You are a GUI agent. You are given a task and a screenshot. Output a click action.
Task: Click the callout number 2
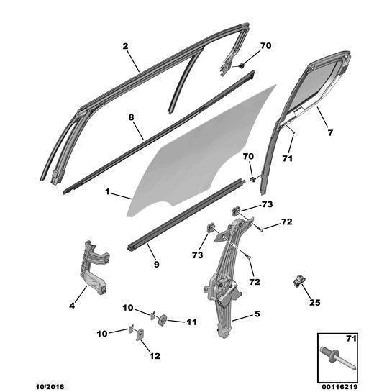[125, 46]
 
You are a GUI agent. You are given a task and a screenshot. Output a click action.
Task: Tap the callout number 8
[131, 117]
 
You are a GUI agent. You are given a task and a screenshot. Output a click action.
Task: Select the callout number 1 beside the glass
[107, 192]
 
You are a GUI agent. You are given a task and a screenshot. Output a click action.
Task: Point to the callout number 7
[330, 133]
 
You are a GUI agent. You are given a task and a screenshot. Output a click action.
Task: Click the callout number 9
[156, 264]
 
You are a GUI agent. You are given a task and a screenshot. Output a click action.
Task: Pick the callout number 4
[72, 305]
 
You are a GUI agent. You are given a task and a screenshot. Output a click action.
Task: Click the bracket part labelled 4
[94, 268]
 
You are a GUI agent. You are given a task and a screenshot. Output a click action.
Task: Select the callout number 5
[257, 314]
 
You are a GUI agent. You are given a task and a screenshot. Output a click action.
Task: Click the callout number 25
[315, 303]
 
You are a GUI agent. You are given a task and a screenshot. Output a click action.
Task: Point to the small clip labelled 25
[298, 281]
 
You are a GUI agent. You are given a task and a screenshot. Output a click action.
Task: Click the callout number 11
[192, 322]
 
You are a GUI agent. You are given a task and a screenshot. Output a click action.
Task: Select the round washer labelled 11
[163, 320]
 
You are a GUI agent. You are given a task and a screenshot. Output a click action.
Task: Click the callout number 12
[155, 356]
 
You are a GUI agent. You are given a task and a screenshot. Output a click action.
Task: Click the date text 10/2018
[50, 387]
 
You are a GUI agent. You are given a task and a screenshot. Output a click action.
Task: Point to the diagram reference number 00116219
[338, 387]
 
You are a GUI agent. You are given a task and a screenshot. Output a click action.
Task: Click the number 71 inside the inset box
[350, 339]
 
